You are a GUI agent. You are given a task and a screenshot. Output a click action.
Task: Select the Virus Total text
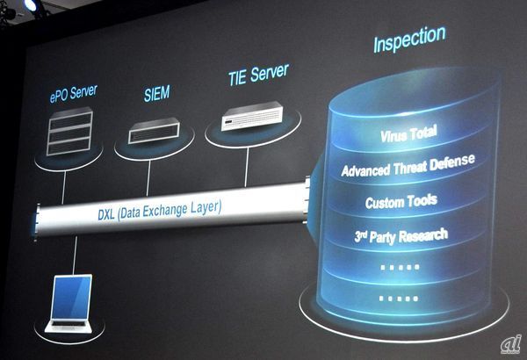click(408, 135)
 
